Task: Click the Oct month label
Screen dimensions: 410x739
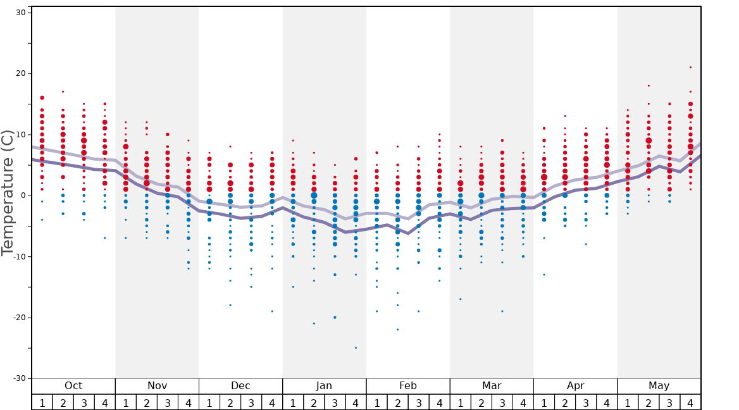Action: [73, 386]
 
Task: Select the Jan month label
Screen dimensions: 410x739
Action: [324, 386]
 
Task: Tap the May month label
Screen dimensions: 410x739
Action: [659, 386]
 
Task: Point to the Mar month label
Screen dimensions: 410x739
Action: [492, 386]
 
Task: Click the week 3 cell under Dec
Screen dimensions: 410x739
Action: [251, 402]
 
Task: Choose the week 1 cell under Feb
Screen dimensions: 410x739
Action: [376, 402]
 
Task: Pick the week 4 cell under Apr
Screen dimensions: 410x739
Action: [607, 402]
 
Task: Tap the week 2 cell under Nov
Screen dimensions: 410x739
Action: [147, 402]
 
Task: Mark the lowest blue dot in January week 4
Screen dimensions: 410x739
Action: [356, 347]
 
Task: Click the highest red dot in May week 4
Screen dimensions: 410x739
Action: [690, 67]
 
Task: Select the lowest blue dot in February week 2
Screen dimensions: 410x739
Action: [397, 330]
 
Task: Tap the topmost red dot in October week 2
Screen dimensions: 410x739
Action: [63, 92]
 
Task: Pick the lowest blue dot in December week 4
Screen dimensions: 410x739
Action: [272, 311]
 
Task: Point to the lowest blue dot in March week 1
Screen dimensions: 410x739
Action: [460, 299]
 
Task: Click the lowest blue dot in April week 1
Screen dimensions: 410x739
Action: [543, 275]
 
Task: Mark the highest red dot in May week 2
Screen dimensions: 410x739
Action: [649, 85]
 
